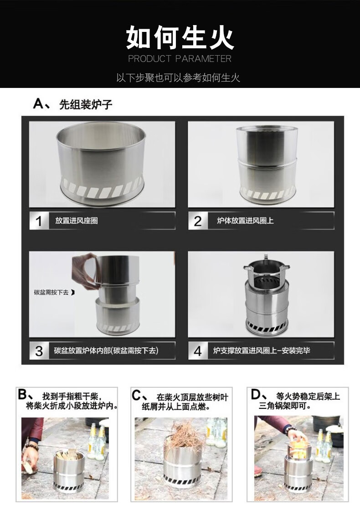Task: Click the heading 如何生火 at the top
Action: coord(180,38)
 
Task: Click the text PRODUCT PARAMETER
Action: coord(180,59)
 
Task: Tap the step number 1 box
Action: coord(39,221)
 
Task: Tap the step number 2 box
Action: coord(198,221)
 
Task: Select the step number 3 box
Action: coord(39,350)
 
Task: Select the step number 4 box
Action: coord(198,350)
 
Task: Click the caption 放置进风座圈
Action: coord(77,221)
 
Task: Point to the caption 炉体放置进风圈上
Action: coord(245,221)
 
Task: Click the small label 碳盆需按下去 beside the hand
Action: coord(51,293)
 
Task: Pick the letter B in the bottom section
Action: coord(22,395)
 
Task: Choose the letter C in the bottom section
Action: coord(136,396)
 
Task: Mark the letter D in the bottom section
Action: coord(256,395)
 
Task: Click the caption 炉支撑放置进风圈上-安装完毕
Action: coord(262,350)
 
